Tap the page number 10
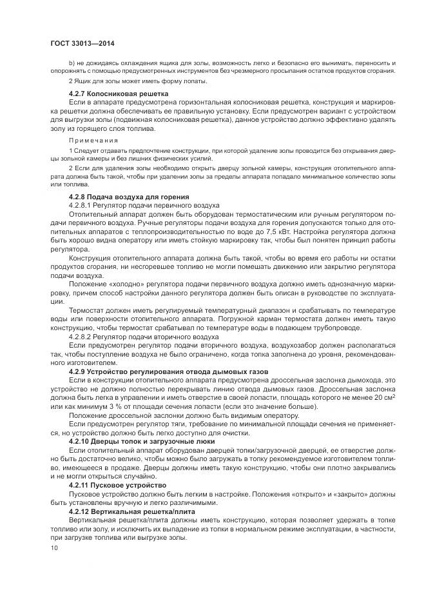pyautogui.click(x=53, y=548)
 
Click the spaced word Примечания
pyautogui.click(x=93, y=140)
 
